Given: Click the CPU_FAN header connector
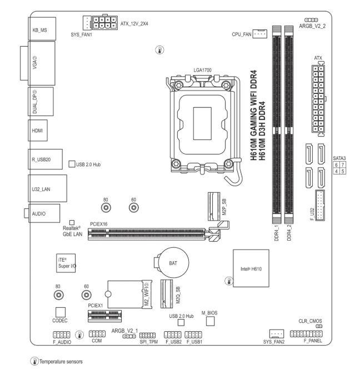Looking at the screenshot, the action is click(x=259, y=34).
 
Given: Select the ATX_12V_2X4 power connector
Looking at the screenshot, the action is click(x=105, y=23).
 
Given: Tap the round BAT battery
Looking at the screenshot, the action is click(x=173, y=262).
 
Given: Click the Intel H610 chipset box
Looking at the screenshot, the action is click(x=251, y=268).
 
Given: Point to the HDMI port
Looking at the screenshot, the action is click(x=38, y=131).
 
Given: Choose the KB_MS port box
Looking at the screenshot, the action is click(x=42, y=29).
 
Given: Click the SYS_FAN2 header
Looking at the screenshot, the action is click(x=277, y=333).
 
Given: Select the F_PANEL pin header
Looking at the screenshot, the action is click(x=306, y=333).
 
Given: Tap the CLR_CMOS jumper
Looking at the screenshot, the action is click(x=319, y=326).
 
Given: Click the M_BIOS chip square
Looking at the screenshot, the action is click(x=211, y=321).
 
